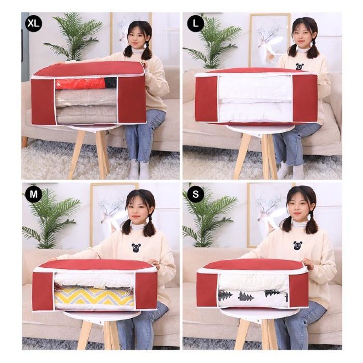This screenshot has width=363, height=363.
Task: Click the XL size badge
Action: tap(34, 23)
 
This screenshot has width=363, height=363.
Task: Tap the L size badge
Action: tap(196, 23)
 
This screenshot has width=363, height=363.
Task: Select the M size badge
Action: tap(34, 194)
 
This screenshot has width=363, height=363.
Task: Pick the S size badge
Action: tap(196, 194)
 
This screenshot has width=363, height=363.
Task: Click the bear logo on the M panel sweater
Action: tap(136, 248)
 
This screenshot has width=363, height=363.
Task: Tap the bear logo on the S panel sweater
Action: tap(297, 245)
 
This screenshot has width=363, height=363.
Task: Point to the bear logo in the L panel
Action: tap(300, 66)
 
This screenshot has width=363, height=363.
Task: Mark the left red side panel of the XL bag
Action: tap(43, 101)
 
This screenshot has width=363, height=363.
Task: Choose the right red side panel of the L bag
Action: tap(305, 98)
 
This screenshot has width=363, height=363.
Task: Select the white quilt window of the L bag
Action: tap(255, 99)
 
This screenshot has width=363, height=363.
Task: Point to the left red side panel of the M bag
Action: tap(43, 291)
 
